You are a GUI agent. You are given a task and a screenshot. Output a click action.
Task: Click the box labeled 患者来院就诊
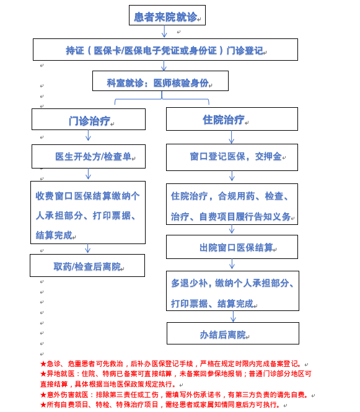coord(167,15)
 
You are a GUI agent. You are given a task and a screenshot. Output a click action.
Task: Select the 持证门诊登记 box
coord(165,50)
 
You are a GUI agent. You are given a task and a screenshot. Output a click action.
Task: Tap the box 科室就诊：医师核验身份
coord(160,81)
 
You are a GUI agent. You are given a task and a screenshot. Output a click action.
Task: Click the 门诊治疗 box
coord(89,120)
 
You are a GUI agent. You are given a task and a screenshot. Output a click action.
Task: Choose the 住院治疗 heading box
coord(232,119)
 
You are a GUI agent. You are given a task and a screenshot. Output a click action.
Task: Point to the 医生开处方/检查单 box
coord(89,156)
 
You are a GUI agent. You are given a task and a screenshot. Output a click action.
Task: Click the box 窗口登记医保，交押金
coord(232,157)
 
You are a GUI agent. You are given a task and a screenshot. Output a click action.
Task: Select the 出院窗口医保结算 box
coord(232,247)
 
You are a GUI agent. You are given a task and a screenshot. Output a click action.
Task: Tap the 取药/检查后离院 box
coord(87,265)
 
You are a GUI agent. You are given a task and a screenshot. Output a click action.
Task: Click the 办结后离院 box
coord(233,333)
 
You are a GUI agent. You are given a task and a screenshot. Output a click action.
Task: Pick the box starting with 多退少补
coord(232,291)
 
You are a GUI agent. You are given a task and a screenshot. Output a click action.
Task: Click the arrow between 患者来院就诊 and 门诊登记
coord(164,31)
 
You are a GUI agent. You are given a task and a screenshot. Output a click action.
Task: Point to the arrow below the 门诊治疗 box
coord(88,135)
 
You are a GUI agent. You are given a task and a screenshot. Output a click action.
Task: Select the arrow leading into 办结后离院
coord(233,317)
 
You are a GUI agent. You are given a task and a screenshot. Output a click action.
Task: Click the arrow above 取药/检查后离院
coord(88,248)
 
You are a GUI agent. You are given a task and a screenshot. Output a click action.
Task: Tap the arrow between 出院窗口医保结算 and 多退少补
coord(232,264)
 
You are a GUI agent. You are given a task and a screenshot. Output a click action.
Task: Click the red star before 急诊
coord(43,364)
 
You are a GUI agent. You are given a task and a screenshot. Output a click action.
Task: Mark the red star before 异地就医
coord(43,374)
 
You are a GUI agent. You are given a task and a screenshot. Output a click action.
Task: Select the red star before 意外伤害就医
coord(43,395)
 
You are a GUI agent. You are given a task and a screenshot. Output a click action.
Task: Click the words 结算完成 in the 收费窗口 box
coord(54,235)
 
